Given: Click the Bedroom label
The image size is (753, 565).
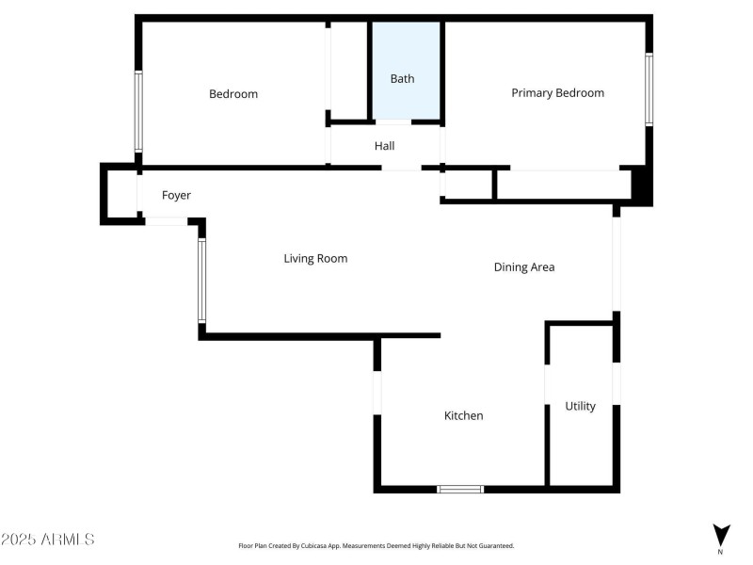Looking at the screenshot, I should (x=232, y=94).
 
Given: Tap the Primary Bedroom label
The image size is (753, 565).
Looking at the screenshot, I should (x=557, y=93).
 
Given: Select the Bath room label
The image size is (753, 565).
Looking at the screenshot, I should (x=402, y=79).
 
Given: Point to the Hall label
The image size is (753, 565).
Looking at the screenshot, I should (x=384, y=146).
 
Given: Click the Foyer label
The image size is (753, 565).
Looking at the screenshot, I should (x=176, y=196).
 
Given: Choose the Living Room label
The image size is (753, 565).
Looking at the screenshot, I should (x=315, y=258).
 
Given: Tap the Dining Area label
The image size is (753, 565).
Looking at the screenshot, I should (x=524, y=267).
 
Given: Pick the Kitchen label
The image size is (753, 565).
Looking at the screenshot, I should (x=463, y=415).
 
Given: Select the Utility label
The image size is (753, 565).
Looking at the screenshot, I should (x=580, y=407).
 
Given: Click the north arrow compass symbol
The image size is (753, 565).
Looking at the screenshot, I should (x=720, y=534).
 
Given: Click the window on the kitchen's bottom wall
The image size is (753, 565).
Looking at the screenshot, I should (x=460, y=489).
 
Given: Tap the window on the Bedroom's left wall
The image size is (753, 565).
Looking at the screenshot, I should (x=138, y=111).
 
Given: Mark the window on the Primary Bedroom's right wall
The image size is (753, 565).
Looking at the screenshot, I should (x=649, y=89).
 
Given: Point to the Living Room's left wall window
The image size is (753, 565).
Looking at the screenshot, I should (x=201, y=281).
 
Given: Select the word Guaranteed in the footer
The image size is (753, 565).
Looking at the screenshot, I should (x=492, y=546).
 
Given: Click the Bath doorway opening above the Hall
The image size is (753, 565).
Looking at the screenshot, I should (x=393, y=122).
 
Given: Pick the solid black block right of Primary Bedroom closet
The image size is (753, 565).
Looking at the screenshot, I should (x=641, y=185).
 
